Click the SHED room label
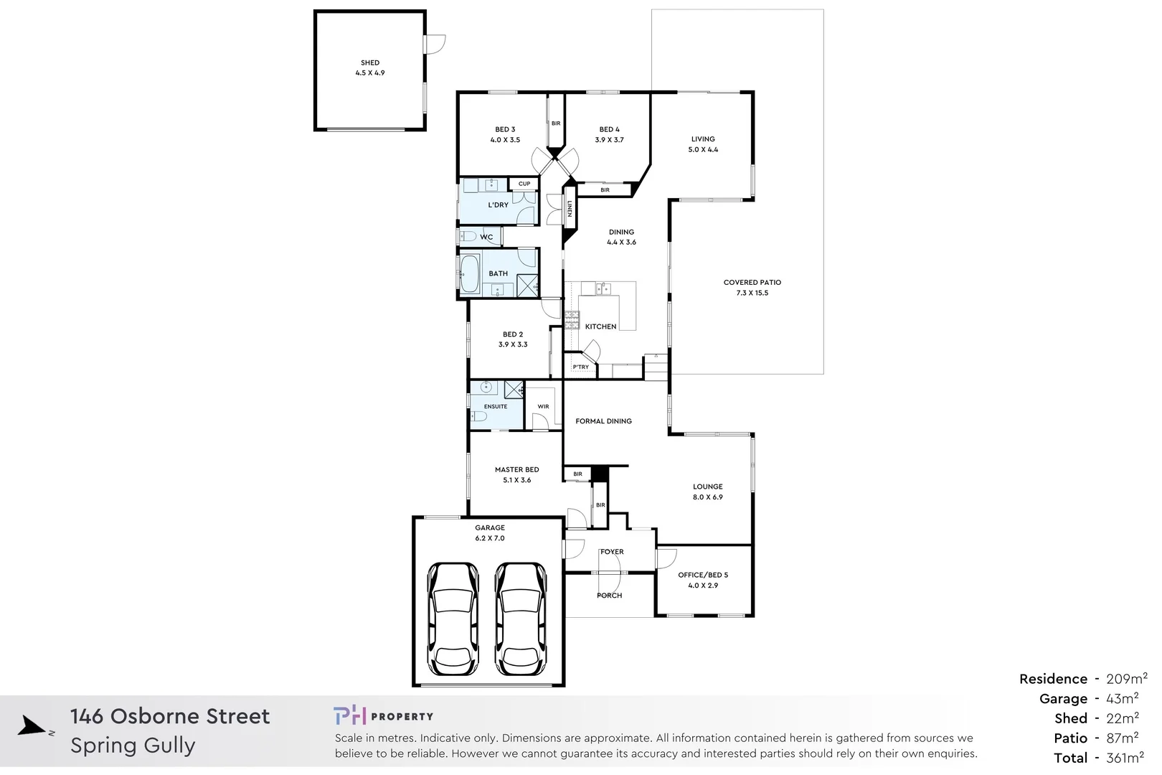[x=370, y=63]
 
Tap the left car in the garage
[x=453, y=618]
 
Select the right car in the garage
[x=521, y=618]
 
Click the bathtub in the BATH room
[x=469, y=273]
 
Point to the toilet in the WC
[x=468, y=237]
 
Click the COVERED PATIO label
[x=752, y=283]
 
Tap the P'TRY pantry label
[x=580, y=367]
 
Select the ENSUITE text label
[x=495, y=407]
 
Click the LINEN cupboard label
[x=570, y=208]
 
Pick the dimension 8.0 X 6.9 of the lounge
[x=707, y=497]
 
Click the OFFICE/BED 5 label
[x=703, y=576]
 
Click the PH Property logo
[x=383, y=716]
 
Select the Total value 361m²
[x=1125, y=758]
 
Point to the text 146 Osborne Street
[x=170, y=716]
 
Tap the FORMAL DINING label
[x=603, y=421]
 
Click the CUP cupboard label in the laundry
[x=524, y=184]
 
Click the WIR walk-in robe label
[x=543, y=407]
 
